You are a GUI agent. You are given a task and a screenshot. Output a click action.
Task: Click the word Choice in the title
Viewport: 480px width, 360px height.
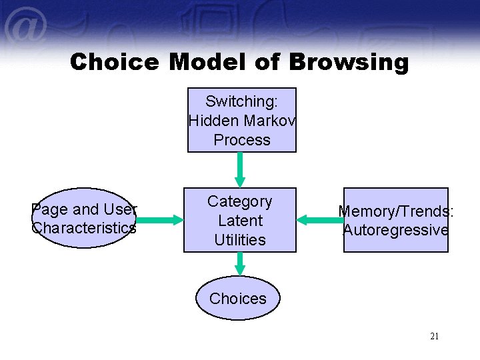pos(114,62)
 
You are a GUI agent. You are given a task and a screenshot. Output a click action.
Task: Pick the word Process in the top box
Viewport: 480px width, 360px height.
pos(242,140)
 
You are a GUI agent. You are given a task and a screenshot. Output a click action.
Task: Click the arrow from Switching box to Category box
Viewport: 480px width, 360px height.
pos(240,169)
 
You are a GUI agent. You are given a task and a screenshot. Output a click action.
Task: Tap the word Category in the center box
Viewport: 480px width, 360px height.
pos(240,201)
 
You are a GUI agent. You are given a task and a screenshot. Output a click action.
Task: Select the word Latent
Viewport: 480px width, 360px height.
pos(240,221)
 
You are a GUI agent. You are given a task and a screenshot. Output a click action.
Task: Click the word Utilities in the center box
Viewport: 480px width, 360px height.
pos(240,239)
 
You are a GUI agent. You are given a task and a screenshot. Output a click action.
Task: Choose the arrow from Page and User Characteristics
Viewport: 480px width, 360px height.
pos(159,219)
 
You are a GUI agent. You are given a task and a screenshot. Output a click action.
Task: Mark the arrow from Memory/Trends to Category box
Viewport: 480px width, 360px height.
pos(319,219)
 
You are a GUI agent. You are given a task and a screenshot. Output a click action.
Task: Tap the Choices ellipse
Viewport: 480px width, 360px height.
pos(238,299)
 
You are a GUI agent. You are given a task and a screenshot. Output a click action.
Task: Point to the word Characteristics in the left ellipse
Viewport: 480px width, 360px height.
pos(84,228)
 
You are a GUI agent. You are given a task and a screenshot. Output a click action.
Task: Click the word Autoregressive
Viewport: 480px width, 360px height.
pos(395,230)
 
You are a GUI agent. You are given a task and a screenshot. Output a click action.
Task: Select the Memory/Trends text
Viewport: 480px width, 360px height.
pos(395,211)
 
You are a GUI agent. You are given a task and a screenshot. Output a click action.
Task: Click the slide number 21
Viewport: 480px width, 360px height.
pos(434,337)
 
